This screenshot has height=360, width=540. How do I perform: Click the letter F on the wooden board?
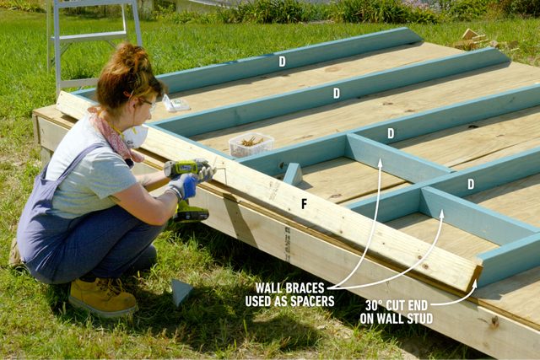click(304, 203)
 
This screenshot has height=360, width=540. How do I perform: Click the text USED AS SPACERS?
click(289, 301)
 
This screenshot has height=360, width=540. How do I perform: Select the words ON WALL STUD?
click(397, 320)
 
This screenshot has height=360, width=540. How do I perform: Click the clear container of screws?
click(251, 145)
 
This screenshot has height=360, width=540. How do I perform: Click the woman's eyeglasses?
click(147, 102)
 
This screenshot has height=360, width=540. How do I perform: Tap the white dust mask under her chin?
click(136, 136)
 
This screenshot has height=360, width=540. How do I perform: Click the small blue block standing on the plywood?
click(293, 174)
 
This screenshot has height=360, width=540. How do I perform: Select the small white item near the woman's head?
click(176, 105)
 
